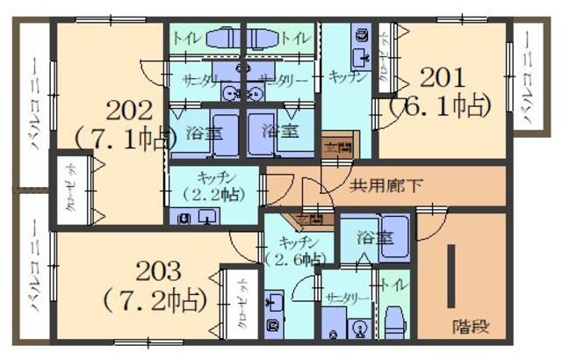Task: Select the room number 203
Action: (x=158, y=269)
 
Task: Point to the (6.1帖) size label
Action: (x=443, y=106)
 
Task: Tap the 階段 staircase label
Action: (x=471, y=326)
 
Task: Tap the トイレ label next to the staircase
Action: (x=390, y=286)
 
